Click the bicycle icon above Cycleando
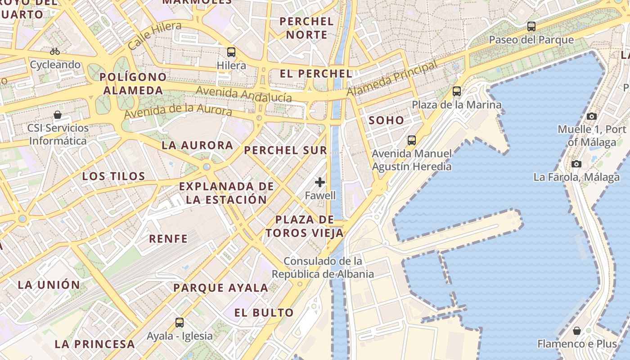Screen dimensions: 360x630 click(x=55, y=51)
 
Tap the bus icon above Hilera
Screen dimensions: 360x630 click(x=231, y=52)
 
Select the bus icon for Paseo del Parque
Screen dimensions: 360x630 click(x=531, y=27)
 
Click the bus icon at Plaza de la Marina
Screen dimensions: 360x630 click(x=457, y=91)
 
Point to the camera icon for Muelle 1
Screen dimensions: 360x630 click(x=592, y=117)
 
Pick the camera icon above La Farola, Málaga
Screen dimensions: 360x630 click(x=576, y=164)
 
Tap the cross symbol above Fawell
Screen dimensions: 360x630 click(x=320, y=182)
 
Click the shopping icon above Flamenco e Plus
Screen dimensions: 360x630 click(x=577, y=331)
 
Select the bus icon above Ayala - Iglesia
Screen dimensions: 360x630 click(x=180, y=322)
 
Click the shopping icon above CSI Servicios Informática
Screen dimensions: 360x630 click(x=58, y=115)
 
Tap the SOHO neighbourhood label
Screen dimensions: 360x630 click(x=387, y=121)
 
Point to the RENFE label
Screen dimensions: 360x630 click(x=168, y=239)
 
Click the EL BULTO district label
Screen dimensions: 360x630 click(x=264, y=313)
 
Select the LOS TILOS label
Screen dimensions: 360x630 click(x=114, y=176)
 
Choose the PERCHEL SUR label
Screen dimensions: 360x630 click(x=285, y=150)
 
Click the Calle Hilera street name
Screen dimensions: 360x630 click(x=154, y=35)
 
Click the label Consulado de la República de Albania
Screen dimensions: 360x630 click(x=323, y=267)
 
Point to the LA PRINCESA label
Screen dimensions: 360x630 click(x=94, y=344)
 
